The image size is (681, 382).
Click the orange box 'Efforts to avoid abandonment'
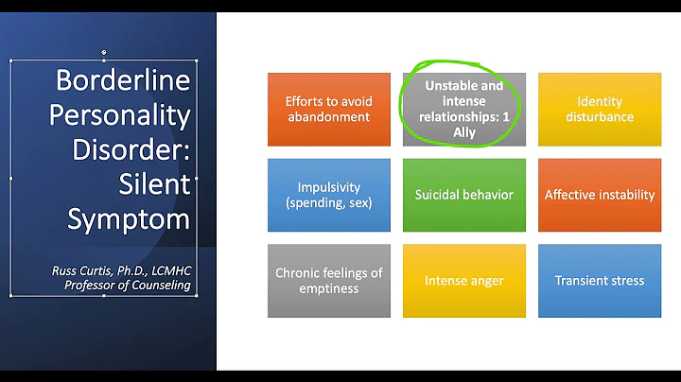tap(328, 110)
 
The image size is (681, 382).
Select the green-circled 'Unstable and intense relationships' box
tap(463, 110)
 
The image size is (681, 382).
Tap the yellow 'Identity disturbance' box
tap(600, 110)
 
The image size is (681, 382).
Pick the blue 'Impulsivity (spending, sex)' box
tap(328, 195)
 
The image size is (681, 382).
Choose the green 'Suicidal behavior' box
tap(463, 195)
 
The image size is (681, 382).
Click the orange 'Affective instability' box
tap(600, 195)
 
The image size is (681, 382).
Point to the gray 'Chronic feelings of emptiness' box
tap(328, 281)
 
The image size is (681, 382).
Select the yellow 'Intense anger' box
tap(463, 281)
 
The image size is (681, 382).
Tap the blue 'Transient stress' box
tap(600, 281)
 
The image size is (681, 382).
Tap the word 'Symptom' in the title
tap(129, 217)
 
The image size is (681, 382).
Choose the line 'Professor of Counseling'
tap(127, 285)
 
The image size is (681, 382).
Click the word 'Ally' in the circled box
tap(464, 133)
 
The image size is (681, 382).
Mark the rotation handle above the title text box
tap(104, 53)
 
